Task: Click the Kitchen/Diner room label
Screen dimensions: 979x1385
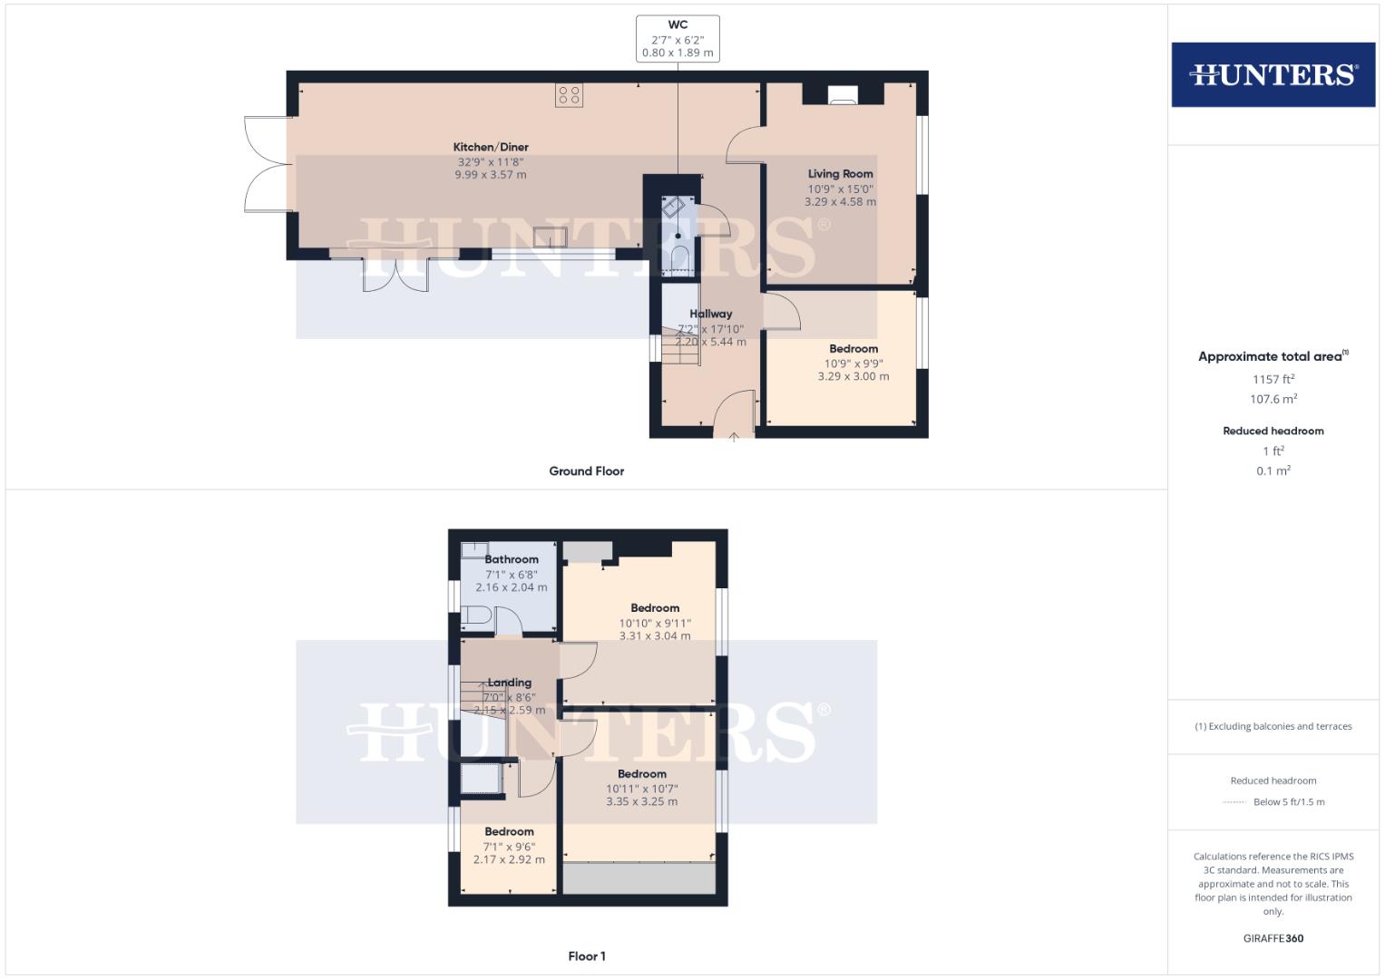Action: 491,147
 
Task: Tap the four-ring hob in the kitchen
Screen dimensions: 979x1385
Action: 570,95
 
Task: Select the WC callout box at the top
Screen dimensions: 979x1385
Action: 678,38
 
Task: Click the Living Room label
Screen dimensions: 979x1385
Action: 840,173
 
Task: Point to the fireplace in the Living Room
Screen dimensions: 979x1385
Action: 843,94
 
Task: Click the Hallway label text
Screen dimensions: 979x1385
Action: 710,314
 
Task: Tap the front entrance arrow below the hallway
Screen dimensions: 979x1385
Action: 734,437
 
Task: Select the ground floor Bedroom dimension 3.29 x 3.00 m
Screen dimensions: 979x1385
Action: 853,376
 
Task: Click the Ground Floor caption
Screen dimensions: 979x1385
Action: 586,471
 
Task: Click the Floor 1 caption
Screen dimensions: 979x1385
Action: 586,956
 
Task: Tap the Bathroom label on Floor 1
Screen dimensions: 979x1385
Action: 512,559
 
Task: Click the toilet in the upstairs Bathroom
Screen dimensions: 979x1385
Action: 477,617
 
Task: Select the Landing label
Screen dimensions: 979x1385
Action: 509,683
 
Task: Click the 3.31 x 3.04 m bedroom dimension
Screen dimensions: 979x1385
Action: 655,636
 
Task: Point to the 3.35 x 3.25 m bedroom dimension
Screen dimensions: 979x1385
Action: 642,801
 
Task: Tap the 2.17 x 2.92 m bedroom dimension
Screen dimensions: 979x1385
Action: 509,859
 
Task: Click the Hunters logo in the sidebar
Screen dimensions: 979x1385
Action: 1273,74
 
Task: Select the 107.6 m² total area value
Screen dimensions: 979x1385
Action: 1273,399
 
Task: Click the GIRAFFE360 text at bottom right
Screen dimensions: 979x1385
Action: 1273,938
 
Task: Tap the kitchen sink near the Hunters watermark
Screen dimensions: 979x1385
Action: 551,237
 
